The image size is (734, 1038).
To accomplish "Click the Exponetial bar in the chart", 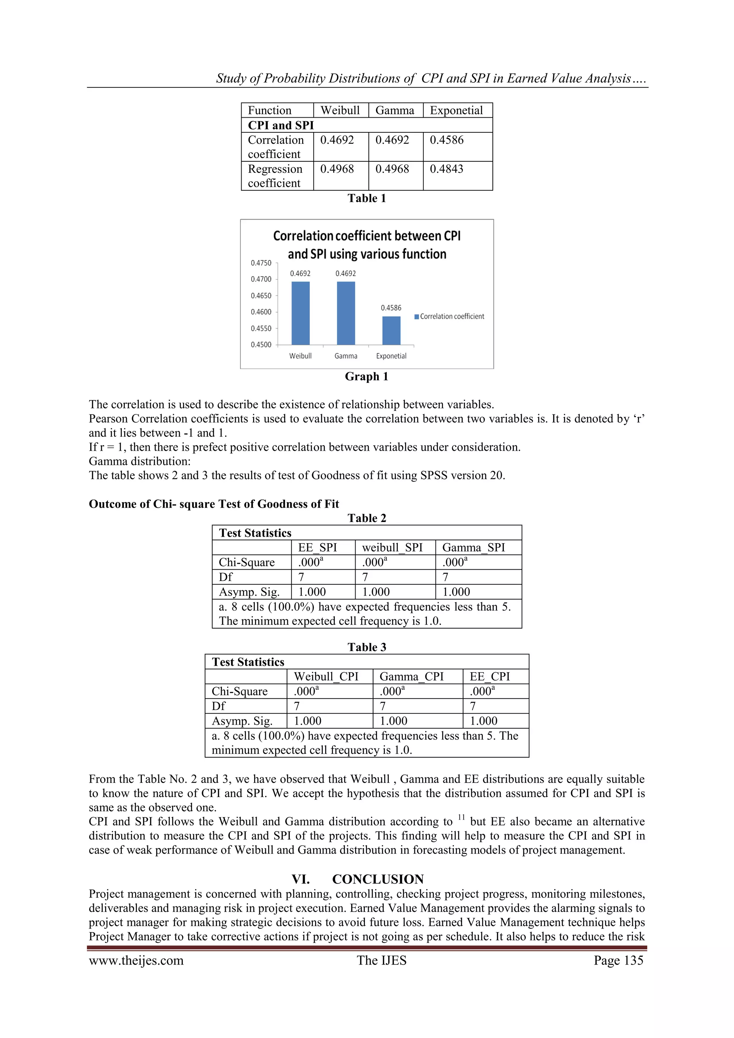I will pos(391,331).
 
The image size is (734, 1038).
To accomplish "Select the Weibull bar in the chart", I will pos(301,313).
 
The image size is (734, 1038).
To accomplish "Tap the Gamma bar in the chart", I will pos(346,313).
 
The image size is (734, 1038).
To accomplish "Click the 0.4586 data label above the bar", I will pos(391,308).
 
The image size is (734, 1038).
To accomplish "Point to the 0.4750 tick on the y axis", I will pos(261,263).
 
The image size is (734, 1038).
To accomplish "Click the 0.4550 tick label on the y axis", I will pos(261,329).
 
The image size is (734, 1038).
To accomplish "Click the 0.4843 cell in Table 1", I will pos(447,169).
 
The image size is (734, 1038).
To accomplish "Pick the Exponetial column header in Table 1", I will pos(457,110).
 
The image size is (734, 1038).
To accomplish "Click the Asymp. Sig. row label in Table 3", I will pos(242,721).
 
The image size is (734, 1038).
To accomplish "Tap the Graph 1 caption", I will pos(367,376).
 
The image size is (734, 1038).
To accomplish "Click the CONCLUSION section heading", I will pos(378,879).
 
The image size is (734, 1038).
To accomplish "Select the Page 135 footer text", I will pos(618,960).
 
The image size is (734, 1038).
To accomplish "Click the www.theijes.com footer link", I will pos(136,960).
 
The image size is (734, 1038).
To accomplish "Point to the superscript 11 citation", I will pos(461,817).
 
